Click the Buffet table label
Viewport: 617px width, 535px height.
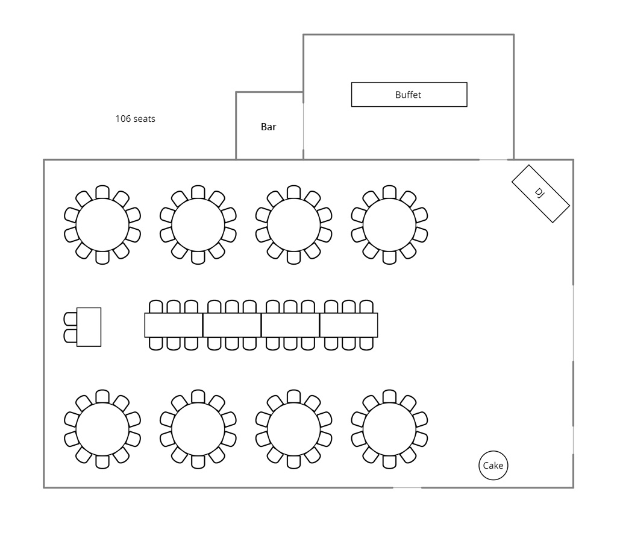[409, 95]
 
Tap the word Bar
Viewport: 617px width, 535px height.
[268, 127]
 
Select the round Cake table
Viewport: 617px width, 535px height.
[493, 466]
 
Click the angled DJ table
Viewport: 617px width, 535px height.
[540, 193]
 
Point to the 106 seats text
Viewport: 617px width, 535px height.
[135, 119]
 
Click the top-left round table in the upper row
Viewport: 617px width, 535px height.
[102, 224]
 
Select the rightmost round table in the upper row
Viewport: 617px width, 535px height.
[389, 224]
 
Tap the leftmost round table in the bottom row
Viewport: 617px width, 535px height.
[102, 429]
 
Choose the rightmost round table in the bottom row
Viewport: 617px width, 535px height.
[389, 429]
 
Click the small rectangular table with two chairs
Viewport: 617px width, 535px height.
[89, 327]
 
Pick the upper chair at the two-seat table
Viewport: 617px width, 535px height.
[70, 318]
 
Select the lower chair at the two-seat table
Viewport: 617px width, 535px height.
[70, 335]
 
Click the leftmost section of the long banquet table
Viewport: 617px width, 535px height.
[174, 325]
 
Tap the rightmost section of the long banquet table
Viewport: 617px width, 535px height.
[349, 325]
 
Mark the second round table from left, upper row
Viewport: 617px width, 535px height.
[198, 224]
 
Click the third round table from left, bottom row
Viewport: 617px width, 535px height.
[293, 429]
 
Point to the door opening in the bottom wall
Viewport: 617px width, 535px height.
[407, 487]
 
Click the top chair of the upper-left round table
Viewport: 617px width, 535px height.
[102, 192]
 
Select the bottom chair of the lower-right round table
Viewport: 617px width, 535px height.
[389, 462]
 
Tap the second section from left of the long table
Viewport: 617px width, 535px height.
[232, 325]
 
